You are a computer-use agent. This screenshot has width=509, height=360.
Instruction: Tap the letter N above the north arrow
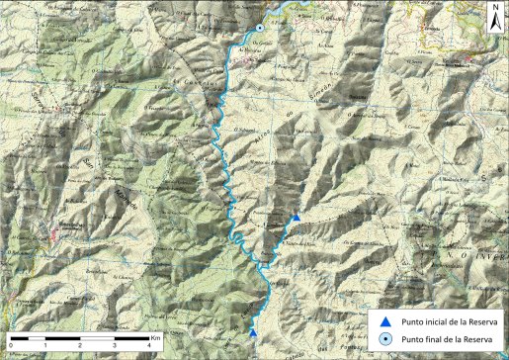494,8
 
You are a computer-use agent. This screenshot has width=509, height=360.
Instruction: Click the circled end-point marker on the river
258,29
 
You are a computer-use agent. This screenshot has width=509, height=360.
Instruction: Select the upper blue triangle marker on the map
295,217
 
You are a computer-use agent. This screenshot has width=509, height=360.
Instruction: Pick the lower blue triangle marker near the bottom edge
253,333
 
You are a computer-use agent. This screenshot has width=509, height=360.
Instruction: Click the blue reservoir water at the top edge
287,9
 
